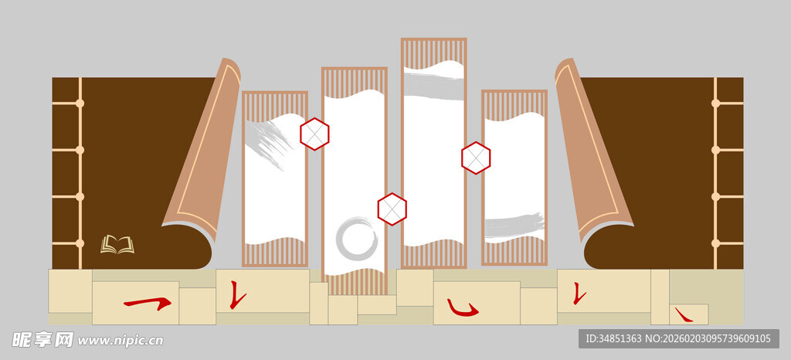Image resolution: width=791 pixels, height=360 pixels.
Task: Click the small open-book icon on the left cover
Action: click(x=117, y=245)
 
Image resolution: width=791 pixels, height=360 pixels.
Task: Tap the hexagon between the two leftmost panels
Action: click(x=315, y=134)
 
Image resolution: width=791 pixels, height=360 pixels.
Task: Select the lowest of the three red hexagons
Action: click(x=392, y=209)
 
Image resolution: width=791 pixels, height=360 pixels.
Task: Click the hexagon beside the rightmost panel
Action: click(x=476, y=158)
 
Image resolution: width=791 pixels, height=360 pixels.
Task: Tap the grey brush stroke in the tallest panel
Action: click(x=433, y=87)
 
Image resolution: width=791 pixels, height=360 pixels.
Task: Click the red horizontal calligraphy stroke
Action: click(x=148, y=303)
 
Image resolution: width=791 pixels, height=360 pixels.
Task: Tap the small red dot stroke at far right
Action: click(x=684, y=315)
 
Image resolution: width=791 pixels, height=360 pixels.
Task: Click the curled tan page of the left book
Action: click(x=202, y=151)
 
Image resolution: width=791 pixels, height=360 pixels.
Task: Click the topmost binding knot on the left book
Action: click(x=80, y=104)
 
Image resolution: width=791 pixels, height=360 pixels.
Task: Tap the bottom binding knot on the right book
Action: click(x=715, y=243)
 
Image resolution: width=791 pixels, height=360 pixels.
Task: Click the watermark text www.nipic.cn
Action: click(x=121, y=341)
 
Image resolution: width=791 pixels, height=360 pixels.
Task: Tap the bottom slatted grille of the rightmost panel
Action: click(x=514, y=250)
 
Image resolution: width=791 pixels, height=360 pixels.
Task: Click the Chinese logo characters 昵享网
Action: click(x=42, y=340)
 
